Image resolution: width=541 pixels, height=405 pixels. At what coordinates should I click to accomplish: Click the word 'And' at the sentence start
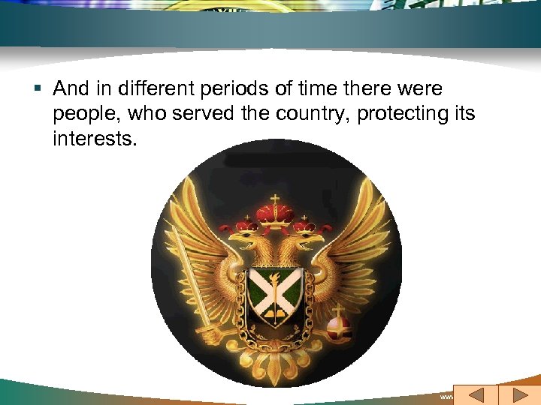[x=71, y=88]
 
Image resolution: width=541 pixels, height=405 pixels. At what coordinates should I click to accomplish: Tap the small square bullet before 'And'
[x=38, y=89]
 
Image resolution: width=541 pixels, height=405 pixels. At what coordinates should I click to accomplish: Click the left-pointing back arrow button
[x=474, y=394]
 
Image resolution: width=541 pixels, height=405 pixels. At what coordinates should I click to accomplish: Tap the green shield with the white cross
[x=275, y=293]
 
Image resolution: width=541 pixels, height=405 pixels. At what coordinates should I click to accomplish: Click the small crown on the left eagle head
[x=245, y=223]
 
